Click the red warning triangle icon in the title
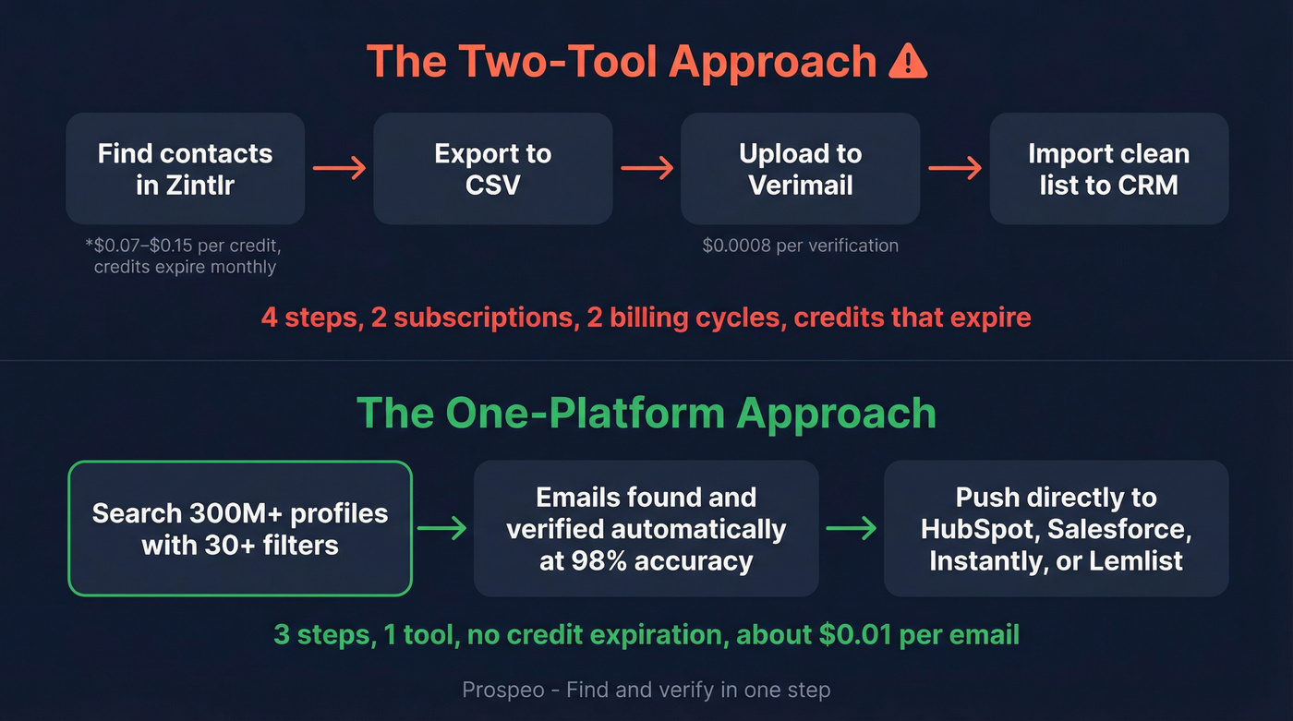click(906, 62)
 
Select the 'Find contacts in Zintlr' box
click(185, 169)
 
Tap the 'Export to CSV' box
click(492, 169)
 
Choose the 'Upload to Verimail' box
click(800, 169)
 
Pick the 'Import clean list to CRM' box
click(1108, 169)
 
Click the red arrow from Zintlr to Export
click(339, 168)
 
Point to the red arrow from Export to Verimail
click(646, 168)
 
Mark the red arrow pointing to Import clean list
click(954, 168)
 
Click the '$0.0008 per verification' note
click(800, 246)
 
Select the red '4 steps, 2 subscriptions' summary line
click(646, 318)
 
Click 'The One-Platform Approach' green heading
click(646, 413)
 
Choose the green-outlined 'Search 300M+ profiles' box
click(240, 528)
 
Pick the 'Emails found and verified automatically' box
click(646, 528)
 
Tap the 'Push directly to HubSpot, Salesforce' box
click(1056, 528)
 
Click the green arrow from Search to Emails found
click(442, 528)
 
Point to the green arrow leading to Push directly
click(851, 528)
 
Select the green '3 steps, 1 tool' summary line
click(646, 635)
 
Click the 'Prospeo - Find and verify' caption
click(646, 690)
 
